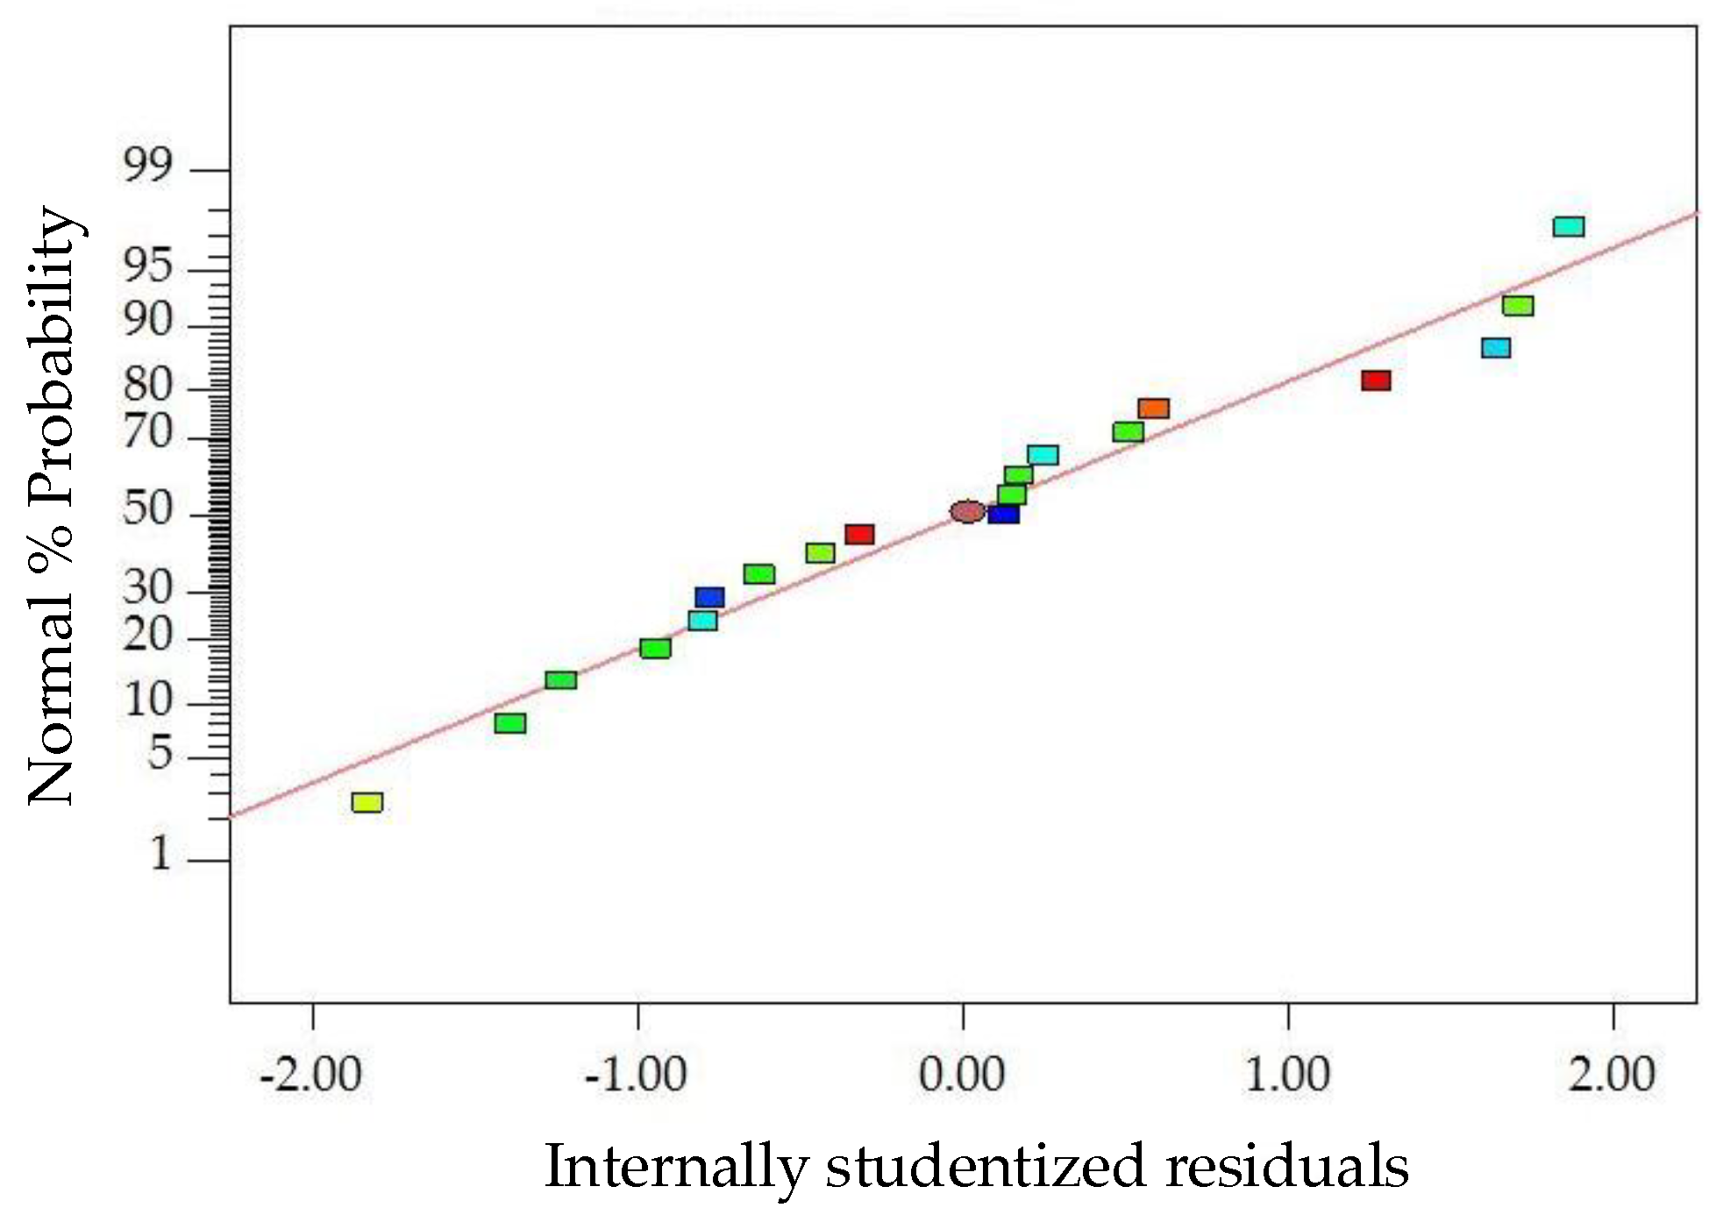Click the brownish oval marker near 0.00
[x=967, y=511]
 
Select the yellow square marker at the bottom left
[x=367, y=802]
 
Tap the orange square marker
[x=1154, y=409]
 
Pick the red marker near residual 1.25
[x=1376, y=380]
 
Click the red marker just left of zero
[x=859, y=535]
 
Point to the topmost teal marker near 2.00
[x=1569, y=227]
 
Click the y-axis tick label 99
[x=147, y=166]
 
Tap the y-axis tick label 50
[x=147, y=508]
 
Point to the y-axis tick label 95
[x=147, y=266]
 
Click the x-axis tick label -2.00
[x=311, y=1075]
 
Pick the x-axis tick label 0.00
[x=962, y=1075]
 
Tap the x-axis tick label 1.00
[x=1287, y=1075]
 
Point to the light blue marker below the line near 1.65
[x=1496, y=348]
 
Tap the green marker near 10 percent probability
[x=561, y=680]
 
